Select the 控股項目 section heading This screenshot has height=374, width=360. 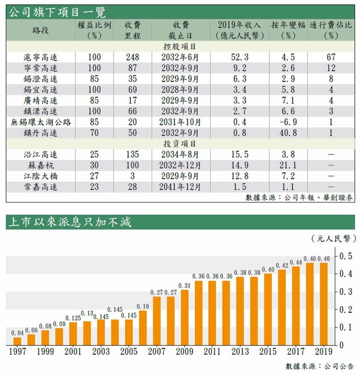tap(180, 47)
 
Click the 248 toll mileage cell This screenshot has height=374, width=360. tap(133, 57)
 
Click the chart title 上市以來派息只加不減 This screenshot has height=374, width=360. tap(69, 222)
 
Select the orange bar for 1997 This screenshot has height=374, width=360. tap(17, 341)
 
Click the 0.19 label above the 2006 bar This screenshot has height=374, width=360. tap(143, 306)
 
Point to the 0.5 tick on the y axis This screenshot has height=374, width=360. tap(346, 256)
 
